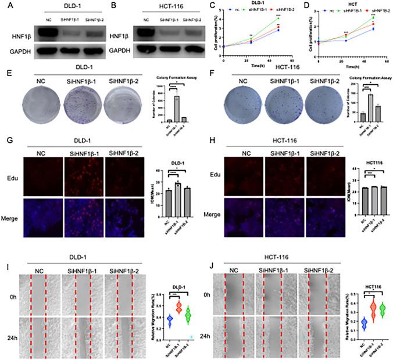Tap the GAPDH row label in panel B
(x=119, y=51)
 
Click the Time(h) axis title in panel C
(x=251, y=67)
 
